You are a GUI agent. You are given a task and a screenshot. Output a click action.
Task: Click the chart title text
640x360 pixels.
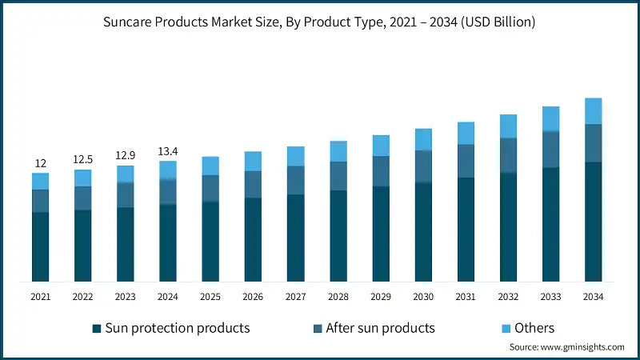[320, 22]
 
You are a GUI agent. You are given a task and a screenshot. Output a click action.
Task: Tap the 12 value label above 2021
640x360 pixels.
[41, 163]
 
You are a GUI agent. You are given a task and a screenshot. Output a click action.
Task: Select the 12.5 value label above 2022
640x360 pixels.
[83, 159]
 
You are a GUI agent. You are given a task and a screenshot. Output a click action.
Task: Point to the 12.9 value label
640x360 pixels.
[126, 155]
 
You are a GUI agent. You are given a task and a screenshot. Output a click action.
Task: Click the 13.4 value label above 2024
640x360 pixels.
[168, 151]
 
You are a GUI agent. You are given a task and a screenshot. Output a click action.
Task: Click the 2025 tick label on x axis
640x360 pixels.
[210, 297]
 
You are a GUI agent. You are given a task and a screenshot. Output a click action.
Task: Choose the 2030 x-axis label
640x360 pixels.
[423, 297]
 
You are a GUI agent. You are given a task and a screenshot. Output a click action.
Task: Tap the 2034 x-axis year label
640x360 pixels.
[593, 297]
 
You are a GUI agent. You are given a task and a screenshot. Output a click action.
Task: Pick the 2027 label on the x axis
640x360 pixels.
[295, 297]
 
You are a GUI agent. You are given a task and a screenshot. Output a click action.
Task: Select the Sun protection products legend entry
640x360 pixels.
[177, 328]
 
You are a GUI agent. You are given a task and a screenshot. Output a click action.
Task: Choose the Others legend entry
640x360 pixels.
[534, 328]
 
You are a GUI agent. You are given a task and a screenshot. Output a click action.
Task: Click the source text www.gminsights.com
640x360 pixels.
[566, 347]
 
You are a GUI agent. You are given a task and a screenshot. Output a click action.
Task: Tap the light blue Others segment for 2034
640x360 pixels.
[593, 111]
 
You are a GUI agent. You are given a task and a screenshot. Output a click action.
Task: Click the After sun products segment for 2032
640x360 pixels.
[508, 155]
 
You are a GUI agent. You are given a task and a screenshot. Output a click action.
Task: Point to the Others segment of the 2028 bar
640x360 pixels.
[338, 151]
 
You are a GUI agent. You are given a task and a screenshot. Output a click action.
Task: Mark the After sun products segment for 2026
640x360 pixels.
[253, 184]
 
